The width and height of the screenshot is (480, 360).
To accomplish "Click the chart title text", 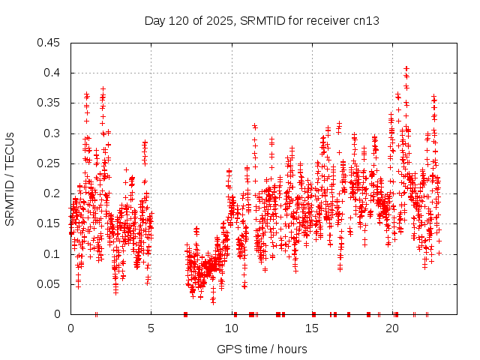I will [261, 20].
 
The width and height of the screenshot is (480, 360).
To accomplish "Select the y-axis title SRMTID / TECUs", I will [10, 178].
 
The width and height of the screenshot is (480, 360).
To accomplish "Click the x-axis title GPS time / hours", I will [261, 349].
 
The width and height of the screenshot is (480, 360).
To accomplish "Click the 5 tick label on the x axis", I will [151, 328].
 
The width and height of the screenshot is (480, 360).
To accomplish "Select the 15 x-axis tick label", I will [311, 328].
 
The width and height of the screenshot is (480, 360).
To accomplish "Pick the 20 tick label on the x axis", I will [391, 328].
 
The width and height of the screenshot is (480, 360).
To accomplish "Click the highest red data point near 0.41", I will [406, 68].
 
